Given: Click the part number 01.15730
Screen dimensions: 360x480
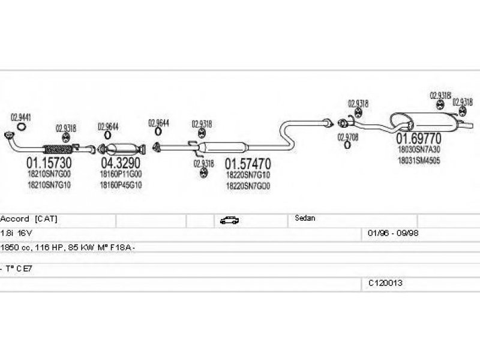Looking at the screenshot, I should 49,163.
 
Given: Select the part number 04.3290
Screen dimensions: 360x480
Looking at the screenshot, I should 121,163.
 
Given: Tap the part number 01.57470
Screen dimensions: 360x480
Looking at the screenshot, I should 248,163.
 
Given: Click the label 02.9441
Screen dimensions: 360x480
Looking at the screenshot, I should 21,117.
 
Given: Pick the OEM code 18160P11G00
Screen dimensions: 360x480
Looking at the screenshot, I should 121,174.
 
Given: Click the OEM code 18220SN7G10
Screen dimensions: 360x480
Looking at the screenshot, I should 248,175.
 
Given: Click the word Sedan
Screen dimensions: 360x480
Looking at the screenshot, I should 305,218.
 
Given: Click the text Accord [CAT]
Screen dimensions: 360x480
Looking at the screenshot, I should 29,219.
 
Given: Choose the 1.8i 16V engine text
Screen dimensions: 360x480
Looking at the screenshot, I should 17,233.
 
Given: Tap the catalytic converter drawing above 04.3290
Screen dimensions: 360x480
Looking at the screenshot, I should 122,148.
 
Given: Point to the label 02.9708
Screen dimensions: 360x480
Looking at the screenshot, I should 348,138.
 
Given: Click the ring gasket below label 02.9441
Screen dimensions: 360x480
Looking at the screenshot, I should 21,126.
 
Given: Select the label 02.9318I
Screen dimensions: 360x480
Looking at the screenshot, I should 440,95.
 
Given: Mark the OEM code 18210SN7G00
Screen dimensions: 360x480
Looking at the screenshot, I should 49,174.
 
